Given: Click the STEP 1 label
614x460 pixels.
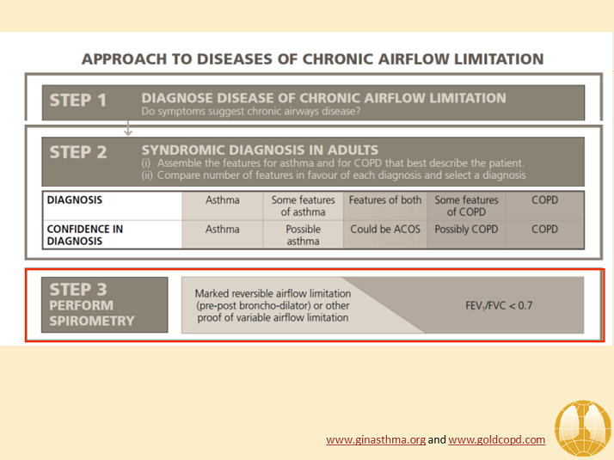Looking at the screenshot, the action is [x=78, y=101].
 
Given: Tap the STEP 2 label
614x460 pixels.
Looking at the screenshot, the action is [x=78, y=152].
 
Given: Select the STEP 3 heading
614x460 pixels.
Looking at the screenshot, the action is [x=78, y=289].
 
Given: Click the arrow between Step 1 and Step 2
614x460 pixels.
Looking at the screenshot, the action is [x=128, y=128].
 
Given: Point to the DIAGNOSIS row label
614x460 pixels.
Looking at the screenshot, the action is [x=75, y=200].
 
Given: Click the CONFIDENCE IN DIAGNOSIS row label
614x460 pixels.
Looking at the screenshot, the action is [x=85, y=235].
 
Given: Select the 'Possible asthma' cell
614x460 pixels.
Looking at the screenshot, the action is [x=303, y=235].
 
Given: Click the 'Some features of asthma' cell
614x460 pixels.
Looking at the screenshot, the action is [x=303, y=205].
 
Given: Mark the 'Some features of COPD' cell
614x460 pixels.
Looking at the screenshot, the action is [x=466, y=205].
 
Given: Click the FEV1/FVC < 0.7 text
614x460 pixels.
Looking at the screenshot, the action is [x=499, y=305].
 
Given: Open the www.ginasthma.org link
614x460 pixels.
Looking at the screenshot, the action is [x=376, y=439].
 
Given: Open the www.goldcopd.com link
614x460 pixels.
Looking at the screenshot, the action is [x=496, y=439].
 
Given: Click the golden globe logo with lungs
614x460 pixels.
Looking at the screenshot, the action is [x=583, y=428].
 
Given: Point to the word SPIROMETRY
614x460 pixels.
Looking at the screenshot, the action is [x=92, y=321].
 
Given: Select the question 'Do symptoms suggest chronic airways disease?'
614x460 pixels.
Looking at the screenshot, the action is [x=250, y=111].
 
